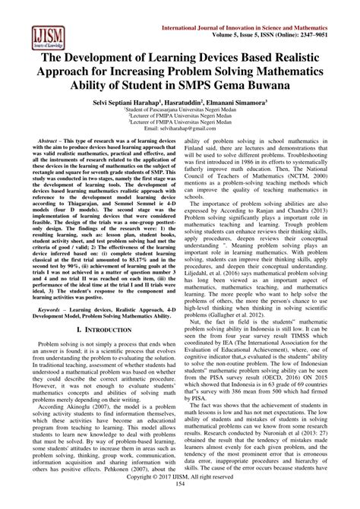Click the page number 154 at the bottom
click(180, 503)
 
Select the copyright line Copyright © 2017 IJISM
click(180, 495)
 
